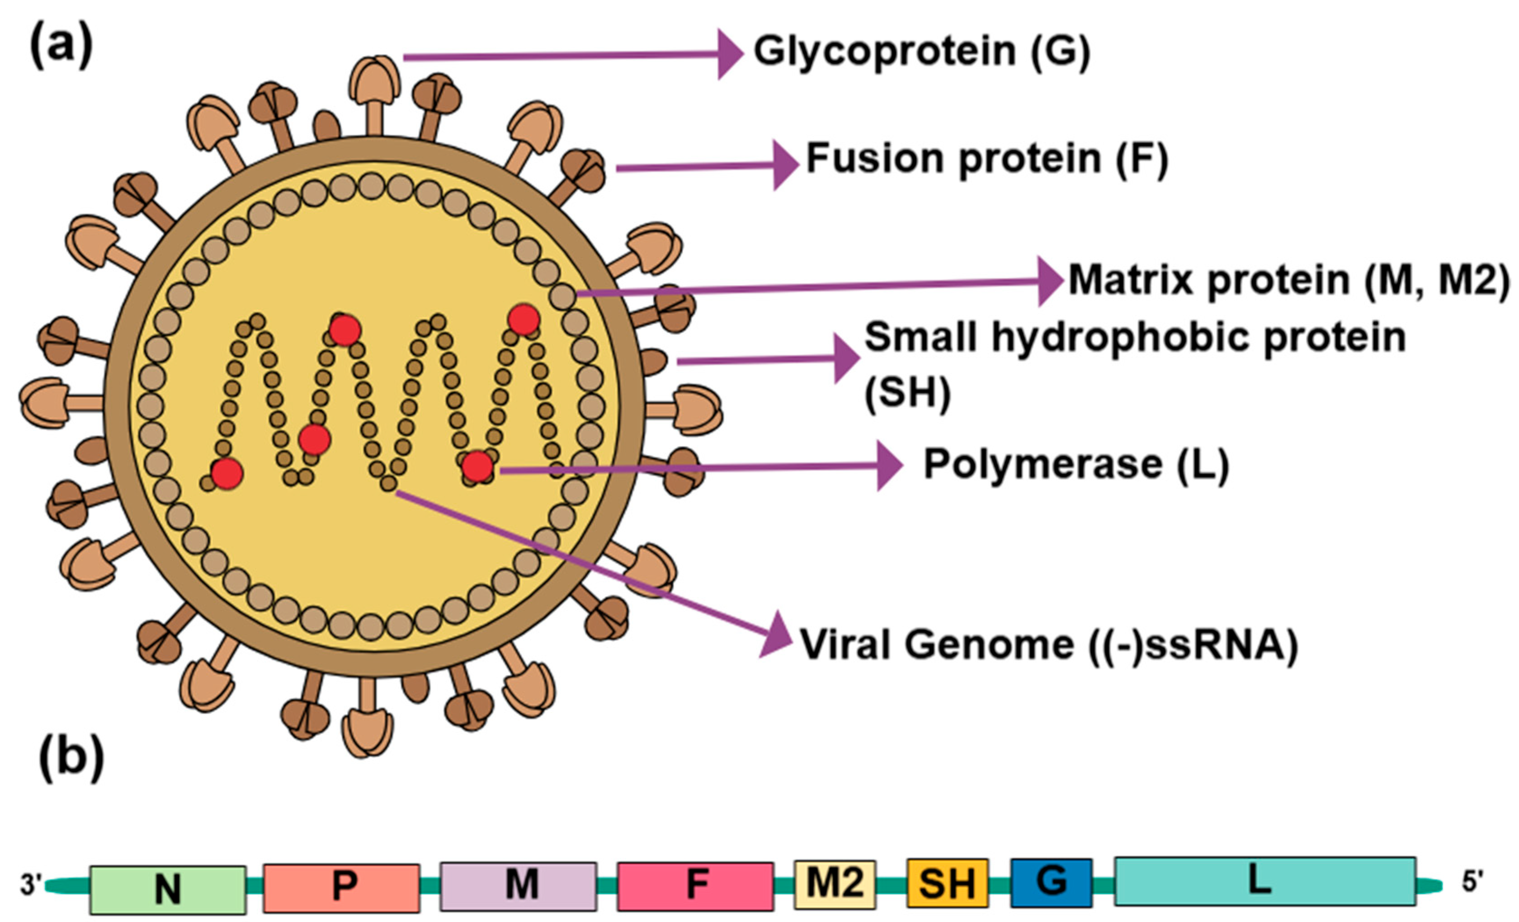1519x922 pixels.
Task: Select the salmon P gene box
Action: coord(341,888)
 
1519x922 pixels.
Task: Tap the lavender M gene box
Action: coord(518,886)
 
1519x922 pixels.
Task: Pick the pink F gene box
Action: coord(695,886)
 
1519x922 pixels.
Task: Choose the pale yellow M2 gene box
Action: coord(835,884)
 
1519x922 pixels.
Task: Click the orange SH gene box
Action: coord(948,883)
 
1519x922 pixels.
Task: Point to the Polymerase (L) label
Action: coord(1076,464)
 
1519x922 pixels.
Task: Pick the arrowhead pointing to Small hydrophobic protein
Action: coord(847,359)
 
